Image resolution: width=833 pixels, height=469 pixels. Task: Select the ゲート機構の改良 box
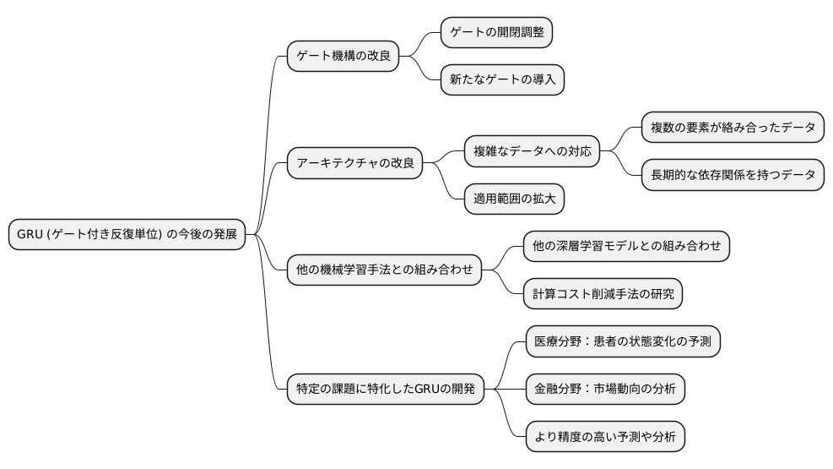pos(342,57)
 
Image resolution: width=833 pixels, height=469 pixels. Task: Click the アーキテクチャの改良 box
pos(354,164)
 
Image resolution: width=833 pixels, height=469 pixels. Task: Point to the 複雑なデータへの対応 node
pos(532,153)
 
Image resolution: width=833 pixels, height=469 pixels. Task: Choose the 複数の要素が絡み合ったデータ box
pos(733,128)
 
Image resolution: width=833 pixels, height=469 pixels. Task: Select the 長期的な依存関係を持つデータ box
pos(733,176)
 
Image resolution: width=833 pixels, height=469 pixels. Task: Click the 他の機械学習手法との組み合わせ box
pos(383,270)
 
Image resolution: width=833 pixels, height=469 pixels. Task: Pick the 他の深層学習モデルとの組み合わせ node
pos(626,246)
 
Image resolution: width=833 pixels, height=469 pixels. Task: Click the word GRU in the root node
pos(30,235)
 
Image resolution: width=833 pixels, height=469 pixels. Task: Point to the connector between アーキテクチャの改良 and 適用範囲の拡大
pos(444,181)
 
